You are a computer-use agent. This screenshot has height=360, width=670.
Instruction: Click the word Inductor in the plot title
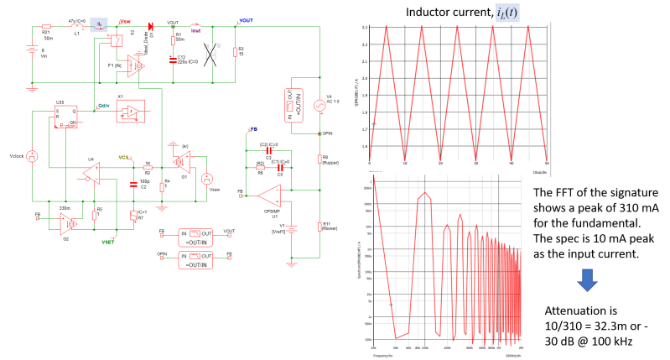click(x=430, y=13)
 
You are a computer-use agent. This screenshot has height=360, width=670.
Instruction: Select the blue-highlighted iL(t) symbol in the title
click(x=506, y=13)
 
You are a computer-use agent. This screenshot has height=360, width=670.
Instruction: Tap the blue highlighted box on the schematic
click(x=99, y=23)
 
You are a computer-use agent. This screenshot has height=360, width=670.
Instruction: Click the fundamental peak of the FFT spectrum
click(x=425, y=194)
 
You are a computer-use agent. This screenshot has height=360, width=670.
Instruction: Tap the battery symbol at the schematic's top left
click(x=33, y=50)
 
